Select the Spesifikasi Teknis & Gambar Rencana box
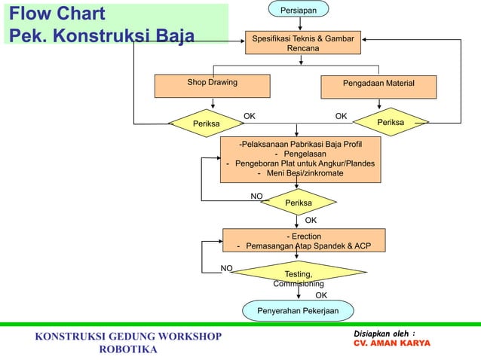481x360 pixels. pos(302,43)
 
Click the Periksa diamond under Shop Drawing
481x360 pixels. pos(207,123)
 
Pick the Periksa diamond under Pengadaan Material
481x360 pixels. pos(390,122)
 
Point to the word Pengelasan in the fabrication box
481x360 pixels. pos(299,154)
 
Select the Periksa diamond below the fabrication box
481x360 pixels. pos(299,203)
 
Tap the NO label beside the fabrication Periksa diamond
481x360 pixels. pos(256,196)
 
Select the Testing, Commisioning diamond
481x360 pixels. pos(299,277)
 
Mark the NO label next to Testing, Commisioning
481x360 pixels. pos(226,268)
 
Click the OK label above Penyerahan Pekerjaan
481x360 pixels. pos(321,295)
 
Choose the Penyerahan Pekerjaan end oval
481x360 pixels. pos(298,310)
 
